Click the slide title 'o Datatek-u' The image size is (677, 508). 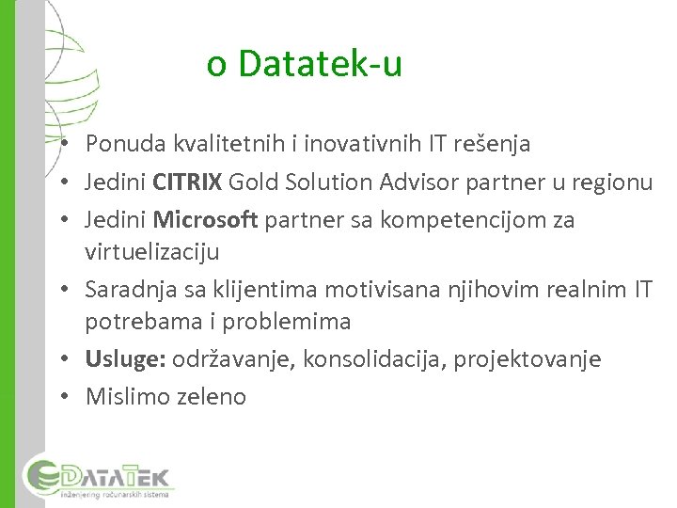point(305,64)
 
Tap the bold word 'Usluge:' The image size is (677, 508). point(123,359)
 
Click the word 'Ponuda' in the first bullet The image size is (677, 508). point(125,144)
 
